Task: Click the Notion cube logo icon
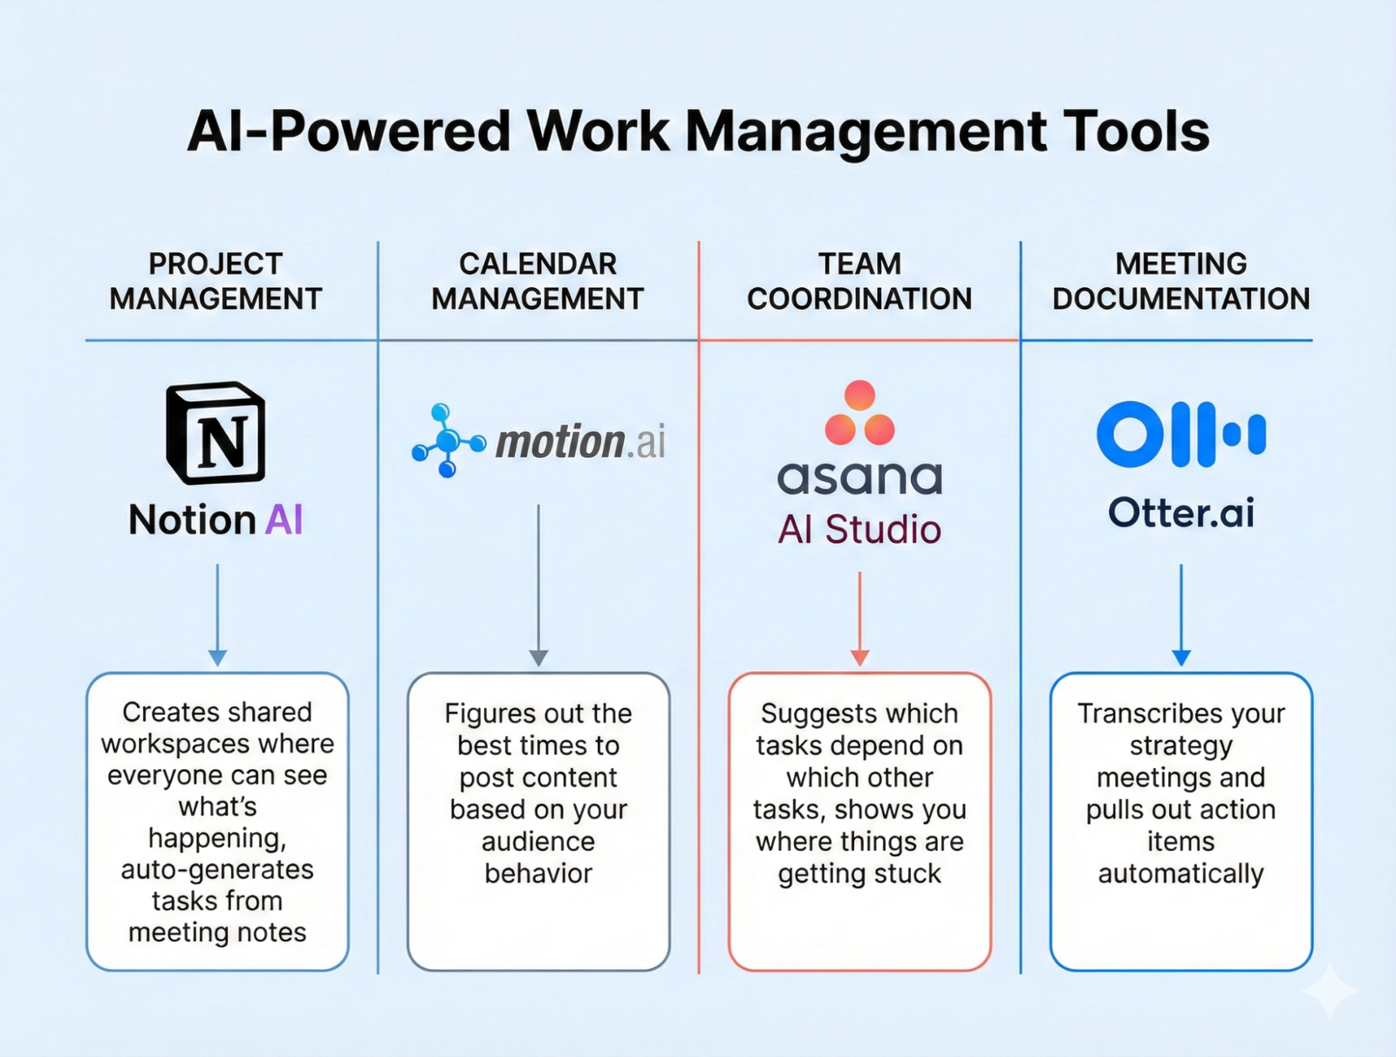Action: (x=216, y=433)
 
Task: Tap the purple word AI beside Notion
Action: (x=284, y=520)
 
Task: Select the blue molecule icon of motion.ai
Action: (x=447, y=441)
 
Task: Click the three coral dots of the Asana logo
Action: (x=859, y=414)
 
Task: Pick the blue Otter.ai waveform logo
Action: (x=1180, y=434)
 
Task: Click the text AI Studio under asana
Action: (x=859, y=530)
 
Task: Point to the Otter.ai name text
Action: (x=1180, y=512)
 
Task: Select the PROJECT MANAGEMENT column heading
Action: (x=216, y=281)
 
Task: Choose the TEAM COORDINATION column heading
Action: (x=859, y=281)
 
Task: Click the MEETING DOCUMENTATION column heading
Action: (x=1180, y=281)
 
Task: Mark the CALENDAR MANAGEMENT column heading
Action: (x=537, y=281)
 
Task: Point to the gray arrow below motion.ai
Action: (x=538, y=585)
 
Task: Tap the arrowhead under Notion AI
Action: (x=217, y=657)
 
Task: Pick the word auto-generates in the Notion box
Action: (x=217, y=869)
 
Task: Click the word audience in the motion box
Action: (x=538, y=841)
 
